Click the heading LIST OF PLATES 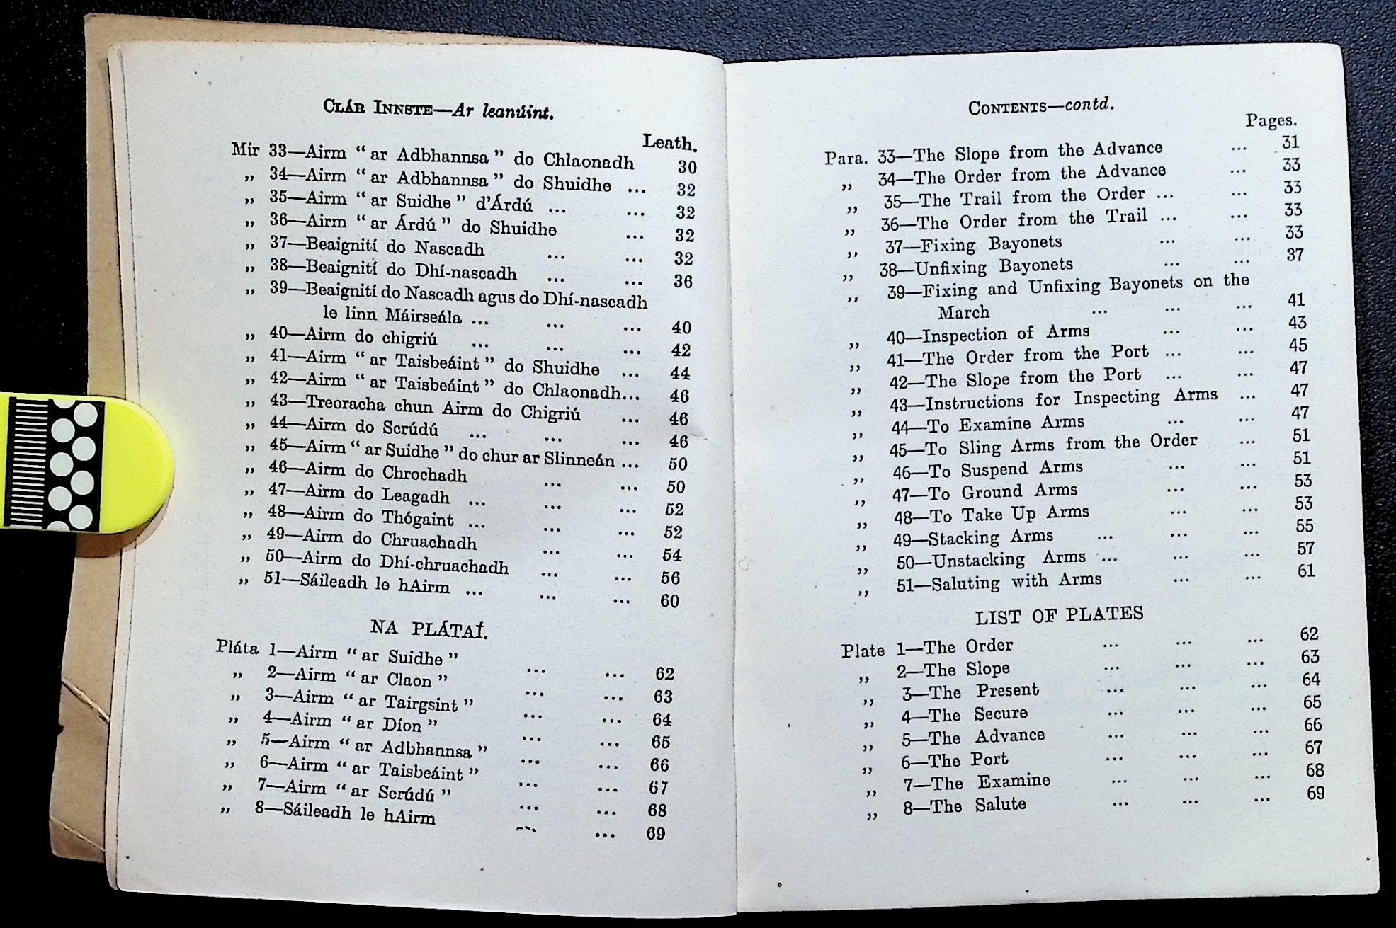coord(1059,615)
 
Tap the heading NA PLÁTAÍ coord(429,629)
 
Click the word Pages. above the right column coord(1271,120)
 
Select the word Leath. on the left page coord(669,142)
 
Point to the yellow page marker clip coord(85,463)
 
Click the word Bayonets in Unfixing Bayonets coord(1036,266)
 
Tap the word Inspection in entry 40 coord(965,334)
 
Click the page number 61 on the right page coord(1305,571)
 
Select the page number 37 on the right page coord(1295,255)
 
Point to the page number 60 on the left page coord(669,601)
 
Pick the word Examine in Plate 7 coord(1014,781)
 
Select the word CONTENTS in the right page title coord(1006,108)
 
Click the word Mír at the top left coord(246,150)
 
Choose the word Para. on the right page coord(848,157)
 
